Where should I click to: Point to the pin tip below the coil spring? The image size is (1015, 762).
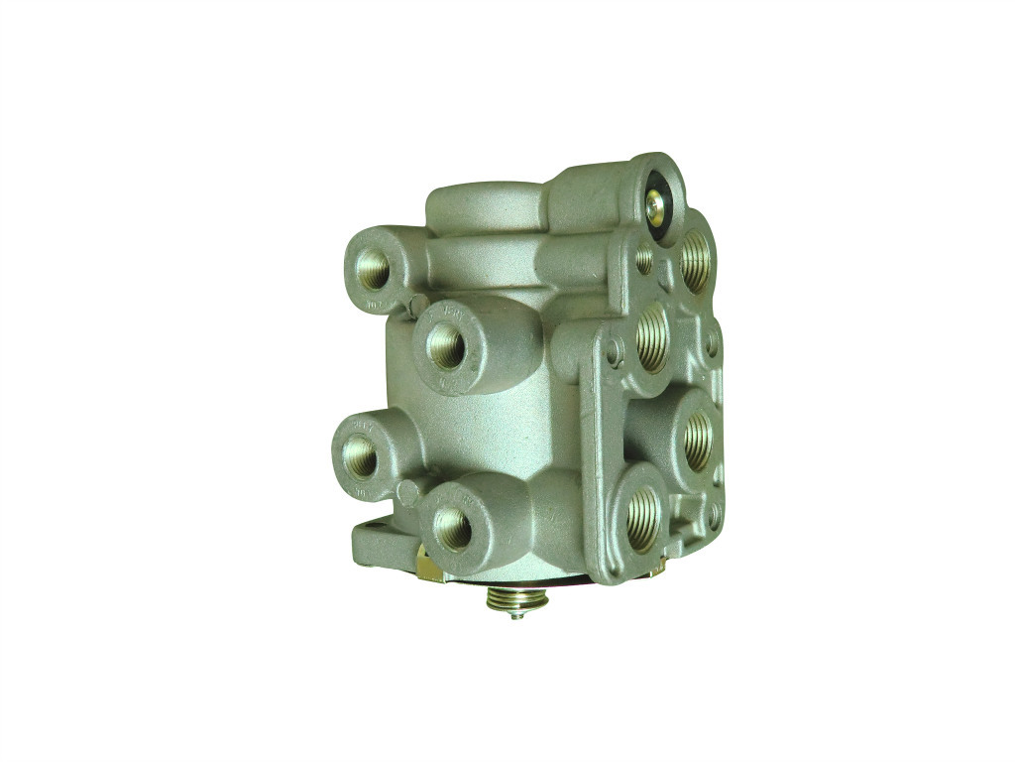point(516,614)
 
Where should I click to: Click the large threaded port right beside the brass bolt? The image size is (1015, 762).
point(696,261)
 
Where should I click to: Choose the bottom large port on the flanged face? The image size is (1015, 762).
point(641,518)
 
